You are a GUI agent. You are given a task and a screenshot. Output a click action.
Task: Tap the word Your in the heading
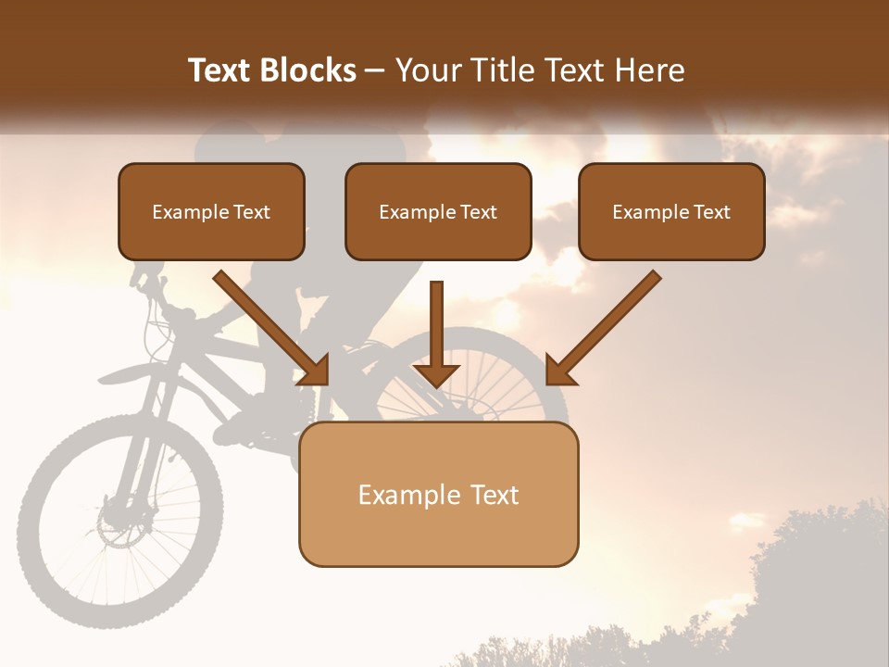[429, 70]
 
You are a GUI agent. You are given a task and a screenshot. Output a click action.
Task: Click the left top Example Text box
[211, 211]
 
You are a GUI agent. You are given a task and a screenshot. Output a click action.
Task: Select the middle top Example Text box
[438, 211]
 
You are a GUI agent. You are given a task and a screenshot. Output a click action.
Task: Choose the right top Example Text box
[671, 211]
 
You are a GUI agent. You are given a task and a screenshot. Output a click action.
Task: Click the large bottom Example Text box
[438, 494]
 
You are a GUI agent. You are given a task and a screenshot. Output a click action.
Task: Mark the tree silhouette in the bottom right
[815, 574]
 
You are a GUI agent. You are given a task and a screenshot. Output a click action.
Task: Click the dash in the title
[375, 70]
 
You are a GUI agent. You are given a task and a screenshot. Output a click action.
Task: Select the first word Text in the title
[222, 70]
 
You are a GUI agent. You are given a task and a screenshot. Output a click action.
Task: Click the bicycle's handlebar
[153, 278]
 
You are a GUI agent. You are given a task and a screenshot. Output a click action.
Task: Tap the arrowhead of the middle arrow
[436, 374]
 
